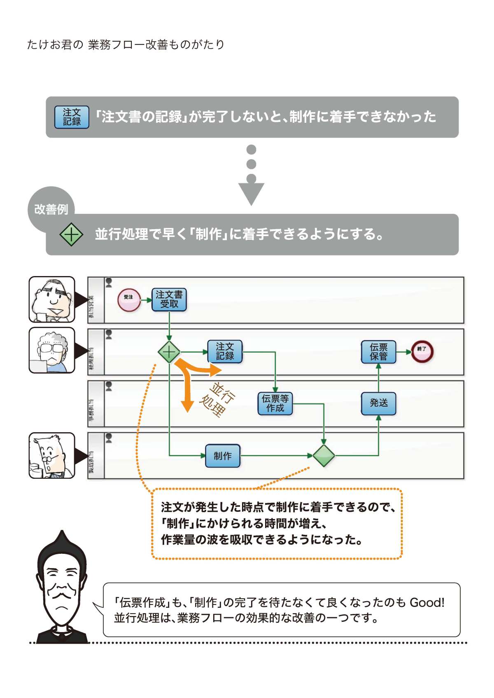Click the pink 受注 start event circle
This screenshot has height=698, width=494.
coord(129,300)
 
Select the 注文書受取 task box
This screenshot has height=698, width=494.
coord(169,300)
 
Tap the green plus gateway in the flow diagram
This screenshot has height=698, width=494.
coord(169,352)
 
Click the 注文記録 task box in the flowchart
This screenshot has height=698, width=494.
coord(225,351)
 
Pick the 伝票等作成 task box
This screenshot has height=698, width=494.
coord(275,403)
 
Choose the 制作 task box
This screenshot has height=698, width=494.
coord(222,456)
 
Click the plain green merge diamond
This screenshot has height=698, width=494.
coord(324,456)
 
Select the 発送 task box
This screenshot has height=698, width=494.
coord(378,403)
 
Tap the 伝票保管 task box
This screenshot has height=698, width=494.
coord(378,352)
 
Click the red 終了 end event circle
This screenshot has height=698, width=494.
coord(422,351)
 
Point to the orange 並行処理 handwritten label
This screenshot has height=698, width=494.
coord(217,399)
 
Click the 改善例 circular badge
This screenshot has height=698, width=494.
coord(51,209)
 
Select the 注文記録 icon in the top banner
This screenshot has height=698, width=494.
coord(72,117)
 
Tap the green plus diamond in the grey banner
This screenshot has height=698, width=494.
coord(71,234)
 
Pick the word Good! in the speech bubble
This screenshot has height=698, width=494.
coord(427,603)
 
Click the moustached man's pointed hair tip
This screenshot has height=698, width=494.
coord(62,534)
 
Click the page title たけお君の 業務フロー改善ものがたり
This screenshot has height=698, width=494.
coord(126,45)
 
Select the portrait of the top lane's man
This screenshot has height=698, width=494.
coord(52,300)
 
